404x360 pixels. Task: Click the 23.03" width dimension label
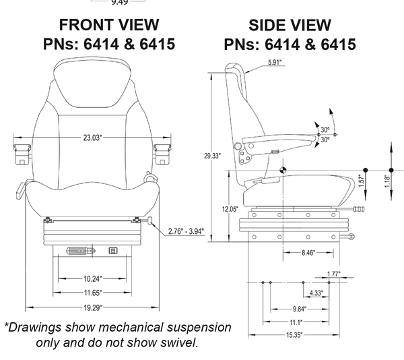[x=92, y=138]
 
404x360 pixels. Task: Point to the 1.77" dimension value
[x=333, y=274]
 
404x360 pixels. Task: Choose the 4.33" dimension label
[x=316, y=293]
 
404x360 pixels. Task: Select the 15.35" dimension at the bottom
[x=292, y=335]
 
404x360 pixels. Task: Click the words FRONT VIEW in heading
[x=109, y=25]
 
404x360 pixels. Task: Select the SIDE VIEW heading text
[x=290, y=26]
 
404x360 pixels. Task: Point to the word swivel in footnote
[x=178, y=342]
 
